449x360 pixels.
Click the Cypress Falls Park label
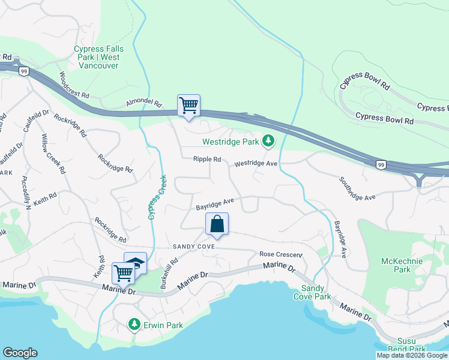pos(97,57)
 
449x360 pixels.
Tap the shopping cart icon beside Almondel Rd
pos(188,106)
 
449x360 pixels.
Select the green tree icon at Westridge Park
pos(268,142)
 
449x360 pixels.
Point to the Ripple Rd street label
pos(207,160)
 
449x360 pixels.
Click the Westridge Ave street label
pos(256,163)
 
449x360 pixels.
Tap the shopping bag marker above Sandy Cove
pos(217,224)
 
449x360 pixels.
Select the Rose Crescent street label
pos(280,254)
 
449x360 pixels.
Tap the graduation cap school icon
pos(136,263)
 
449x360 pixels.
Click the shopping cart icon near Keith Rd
pos(124,272)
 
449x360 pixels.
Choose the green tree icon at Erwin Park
pos(134,325)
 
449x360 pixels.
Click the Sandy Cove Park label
pos(312,293)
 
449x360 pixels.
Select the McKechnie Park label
pos(402,265)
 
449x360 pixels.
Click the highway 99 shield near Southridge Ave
pos(381,164)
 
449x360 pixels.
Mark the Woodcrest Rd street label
pos(74,86)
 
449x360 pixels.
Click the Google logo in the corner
pos(20,353)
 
